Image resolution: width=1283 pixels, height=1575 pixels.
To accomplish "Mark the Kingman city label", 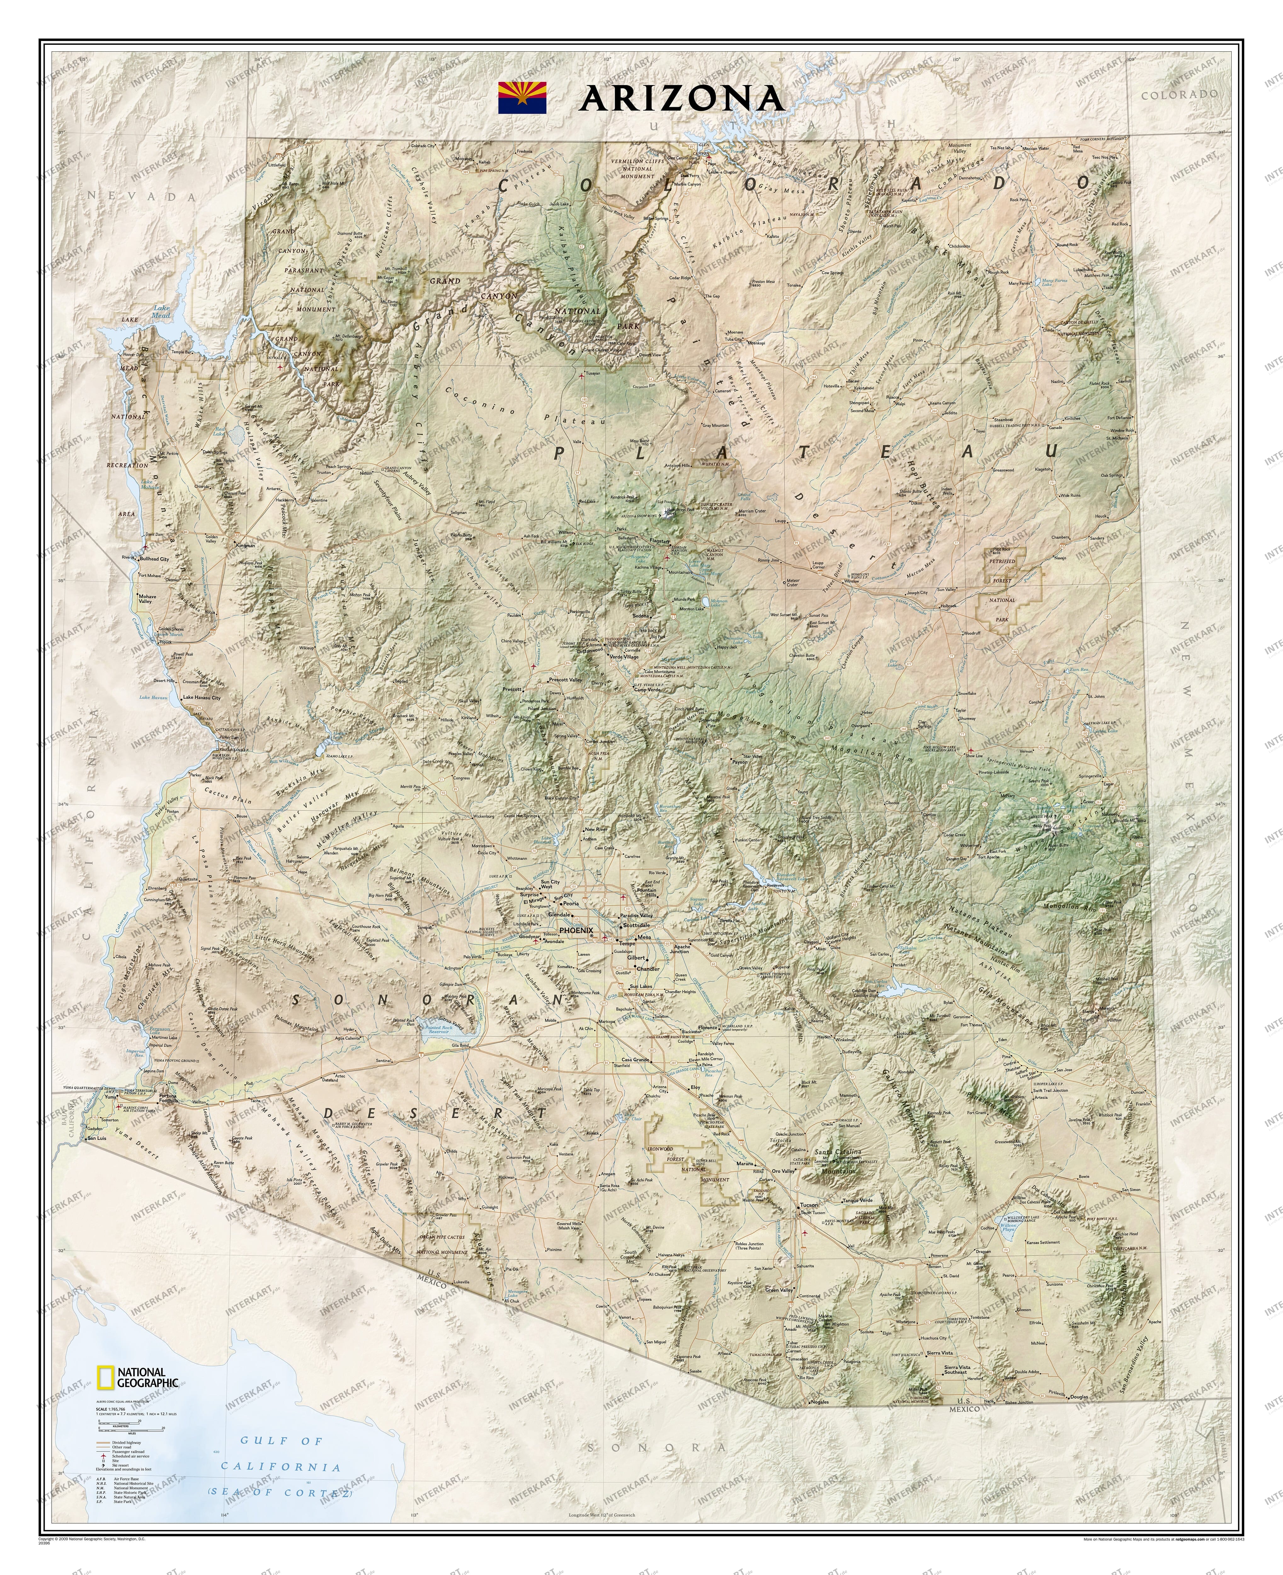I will [245, 546].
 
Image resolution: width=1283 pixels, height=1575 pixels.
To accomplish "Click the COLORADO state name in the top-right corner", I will [1179, 94].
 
